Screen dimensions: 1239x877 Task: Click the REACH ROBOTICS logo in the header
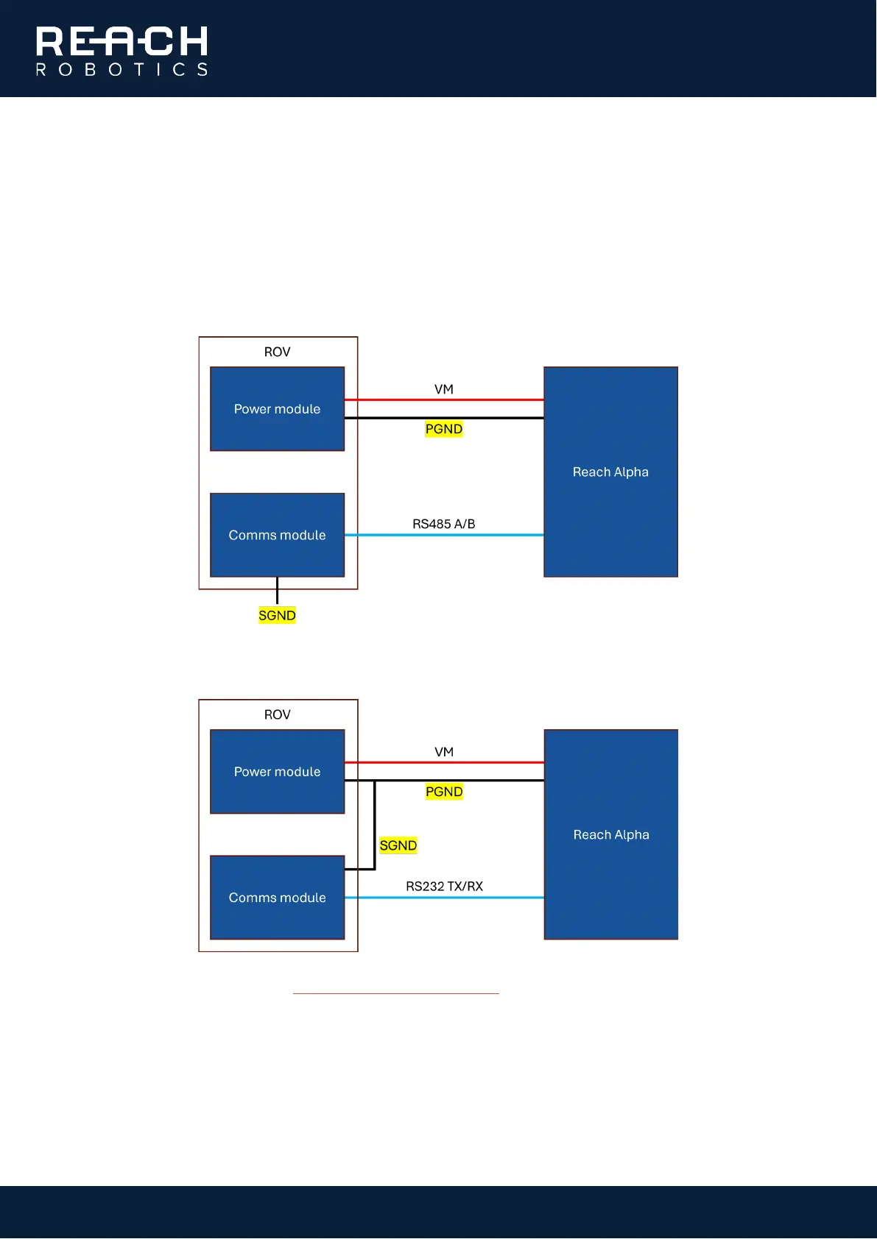click(x=122, y=51)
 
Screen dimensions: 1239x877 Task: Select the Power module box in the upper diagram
click(x=277, y=409)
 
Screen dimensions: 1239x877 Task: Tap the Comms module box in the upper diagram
click(x=277, y=535)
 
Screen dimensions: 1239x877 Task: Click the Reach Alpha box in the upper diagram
click(x=610, y=472)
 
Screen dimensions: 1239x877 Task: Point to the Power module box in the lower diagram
click(x=277, y=772)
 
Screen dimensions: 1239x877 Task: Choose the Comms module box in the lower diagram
click(x=277, y=898)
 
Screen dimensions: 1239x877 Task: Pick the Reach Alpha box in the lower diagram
click(x=610, y=834)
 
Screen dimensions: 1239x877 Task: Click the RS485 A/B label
click(x=443, y=524)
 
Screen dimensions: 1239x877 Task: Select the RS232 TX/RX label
click(x=444, y=887)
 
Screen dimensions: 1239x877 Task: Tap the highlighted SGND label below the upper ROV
click(x=277, y=615)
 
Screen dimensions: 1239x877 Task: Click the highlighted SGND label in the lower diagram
click(x=398, y=845)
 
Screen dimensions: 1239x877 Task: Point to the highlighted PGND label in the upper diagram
click(x=443, y=429)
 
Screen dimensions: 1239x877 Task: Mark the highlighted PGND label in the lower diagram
click(x=443, y=792)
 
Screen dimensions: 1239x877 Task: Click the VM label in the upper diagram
click(x=443, y=389)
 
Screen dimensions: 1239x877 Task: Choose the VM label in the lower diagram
click(x=443, y=752)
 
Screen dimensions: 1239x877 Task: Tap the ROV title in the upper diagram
click(x=277, y=352)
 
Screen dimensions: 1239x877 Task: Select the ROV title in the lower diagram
click(x=277, y=714)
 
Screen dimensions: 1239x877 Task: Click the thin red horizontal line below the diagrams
click(x=395, y=993)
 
